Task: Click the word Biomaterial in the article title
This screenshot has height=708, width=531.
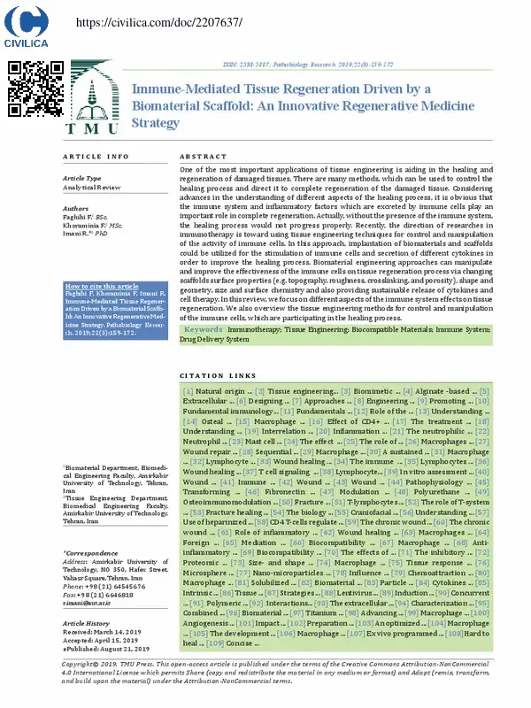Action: [173, 106]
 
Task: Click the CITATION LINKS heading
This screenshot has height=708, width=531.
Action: [218, 376]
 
